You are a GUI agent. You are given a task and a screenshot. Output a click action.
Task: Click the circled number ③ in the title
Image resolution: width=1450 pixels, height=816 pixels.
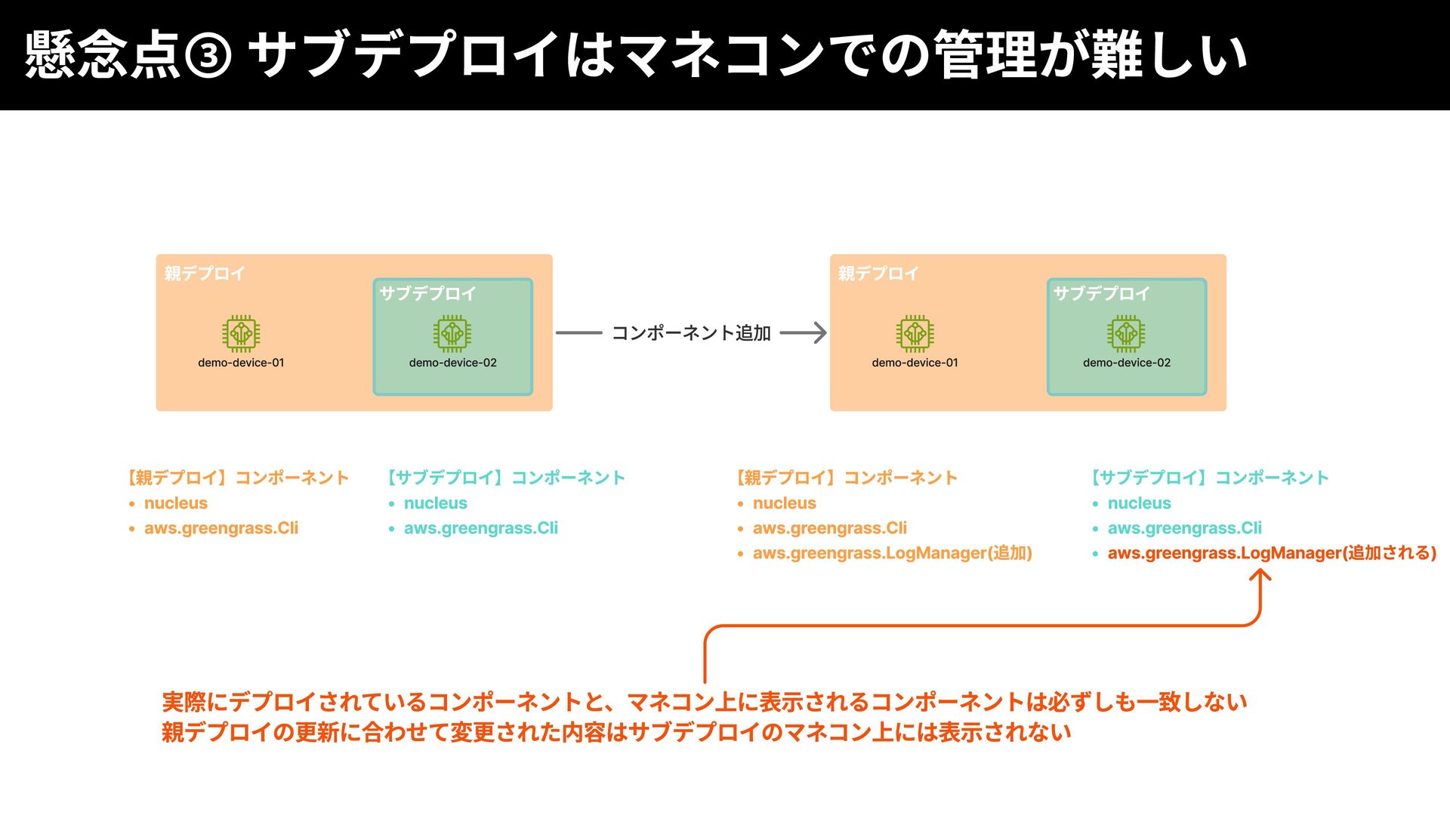pyautogui.click(x=208, y=56)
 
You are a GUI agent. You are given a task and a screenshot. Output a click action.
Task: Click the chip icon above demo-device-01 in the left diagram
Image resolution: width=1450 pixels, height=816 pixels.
pyautogui.click(x=241, y=333)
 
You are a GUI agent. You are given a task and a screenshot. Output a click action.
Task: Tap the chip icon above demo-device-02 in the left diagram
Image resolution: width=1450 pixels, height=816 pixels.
pyautogui.click(x=452, y=333)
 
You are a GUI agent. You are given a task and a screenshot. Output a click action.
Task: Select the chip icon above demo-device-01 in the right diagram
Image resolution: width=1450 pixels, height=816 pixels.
pyautogui.click(x=915, y=333)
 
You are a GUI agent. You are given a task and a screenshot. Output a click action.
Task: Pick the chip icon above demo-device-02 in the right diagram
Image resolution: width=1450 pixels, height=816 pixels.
pyautogui.click(x=1126, y=333)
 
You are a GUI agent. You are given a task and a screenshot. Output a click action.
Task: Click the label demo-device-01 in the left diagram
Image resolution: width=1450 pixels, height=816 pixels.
pyautogui.click(x=241, y=363)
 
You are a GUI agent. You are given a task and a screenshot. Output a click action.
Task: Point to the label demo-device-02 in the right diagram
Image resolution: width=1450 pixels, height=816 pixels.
pyautogui.click(x=1126, y=363)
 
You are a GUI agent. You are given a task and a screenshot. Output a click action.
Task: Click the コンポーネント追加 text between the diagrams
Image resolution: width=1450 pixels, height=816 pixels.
pyautogui.click(x=691, y=333)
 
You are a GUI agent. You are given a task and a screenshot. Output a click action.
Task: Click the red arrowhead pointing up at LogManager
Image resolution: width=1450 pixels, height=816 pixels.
pyautogui.click(x=1260, y=576)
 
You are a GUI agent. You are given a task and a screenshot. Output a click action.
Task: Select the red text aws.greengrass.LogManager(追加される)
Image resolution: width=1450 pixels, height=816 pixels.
pyautogui.click(x=1272, y=553)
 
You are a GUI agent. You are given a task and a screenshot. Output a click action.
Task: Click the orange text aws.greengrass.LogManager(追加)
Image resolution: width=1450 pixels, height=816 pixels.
pyautogui.click(x=892, y=553)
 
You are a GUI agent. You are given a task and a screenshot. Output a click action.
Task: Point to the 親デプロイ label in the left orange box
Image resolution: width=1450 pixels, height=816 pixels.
pyautogui.click(x=205, y=274)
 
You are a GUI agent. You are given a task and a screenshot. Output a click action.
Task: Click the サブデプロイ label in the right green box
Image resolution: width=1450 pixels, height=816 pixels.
pyautogui.click(x=1101, y=293)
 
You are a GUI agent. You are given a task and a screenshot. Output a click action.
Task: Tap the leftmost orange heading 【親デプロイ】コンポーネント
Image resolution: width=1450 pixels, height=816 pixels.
pyautogui.click(x=238, y=478)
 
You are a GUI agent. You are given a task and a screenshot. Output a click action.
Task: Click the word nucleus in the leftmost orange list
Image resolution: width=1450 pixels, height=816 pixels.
pyautogui.click(x=176, y=503)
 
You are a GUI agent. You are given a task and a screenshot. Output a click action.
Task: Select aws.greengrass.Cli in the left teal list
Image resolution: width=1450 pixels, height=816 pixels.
pyautogui.click(x=481, y=528)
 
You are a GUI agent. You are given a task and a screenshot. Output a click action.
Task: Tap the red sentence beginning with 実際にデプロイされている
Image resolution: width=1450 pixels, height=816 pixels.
pyautogui.click(x=704, y=702)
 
